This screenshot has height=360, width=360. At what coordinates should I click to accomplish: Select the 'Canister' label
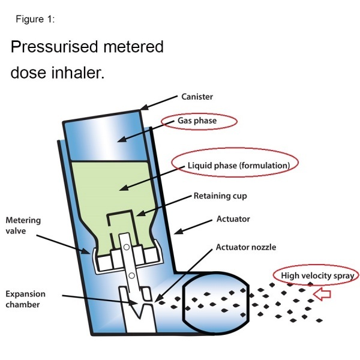click(196, 96)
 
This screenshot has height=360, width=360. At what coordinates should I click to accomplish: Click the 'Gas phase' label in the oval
click(197, 121)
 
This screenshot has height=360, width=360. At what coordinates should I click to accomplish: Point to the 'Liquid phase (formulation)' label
click(235, 164)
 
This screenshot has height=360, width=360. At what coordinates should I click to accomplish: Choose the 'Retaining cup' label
click(220, 196)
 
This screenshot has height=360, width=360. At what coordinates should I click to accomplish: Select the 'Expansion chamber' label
click(26, 300)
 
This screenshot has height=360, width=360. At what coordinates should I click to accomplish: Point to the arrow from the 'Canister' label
click(158, 102)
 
